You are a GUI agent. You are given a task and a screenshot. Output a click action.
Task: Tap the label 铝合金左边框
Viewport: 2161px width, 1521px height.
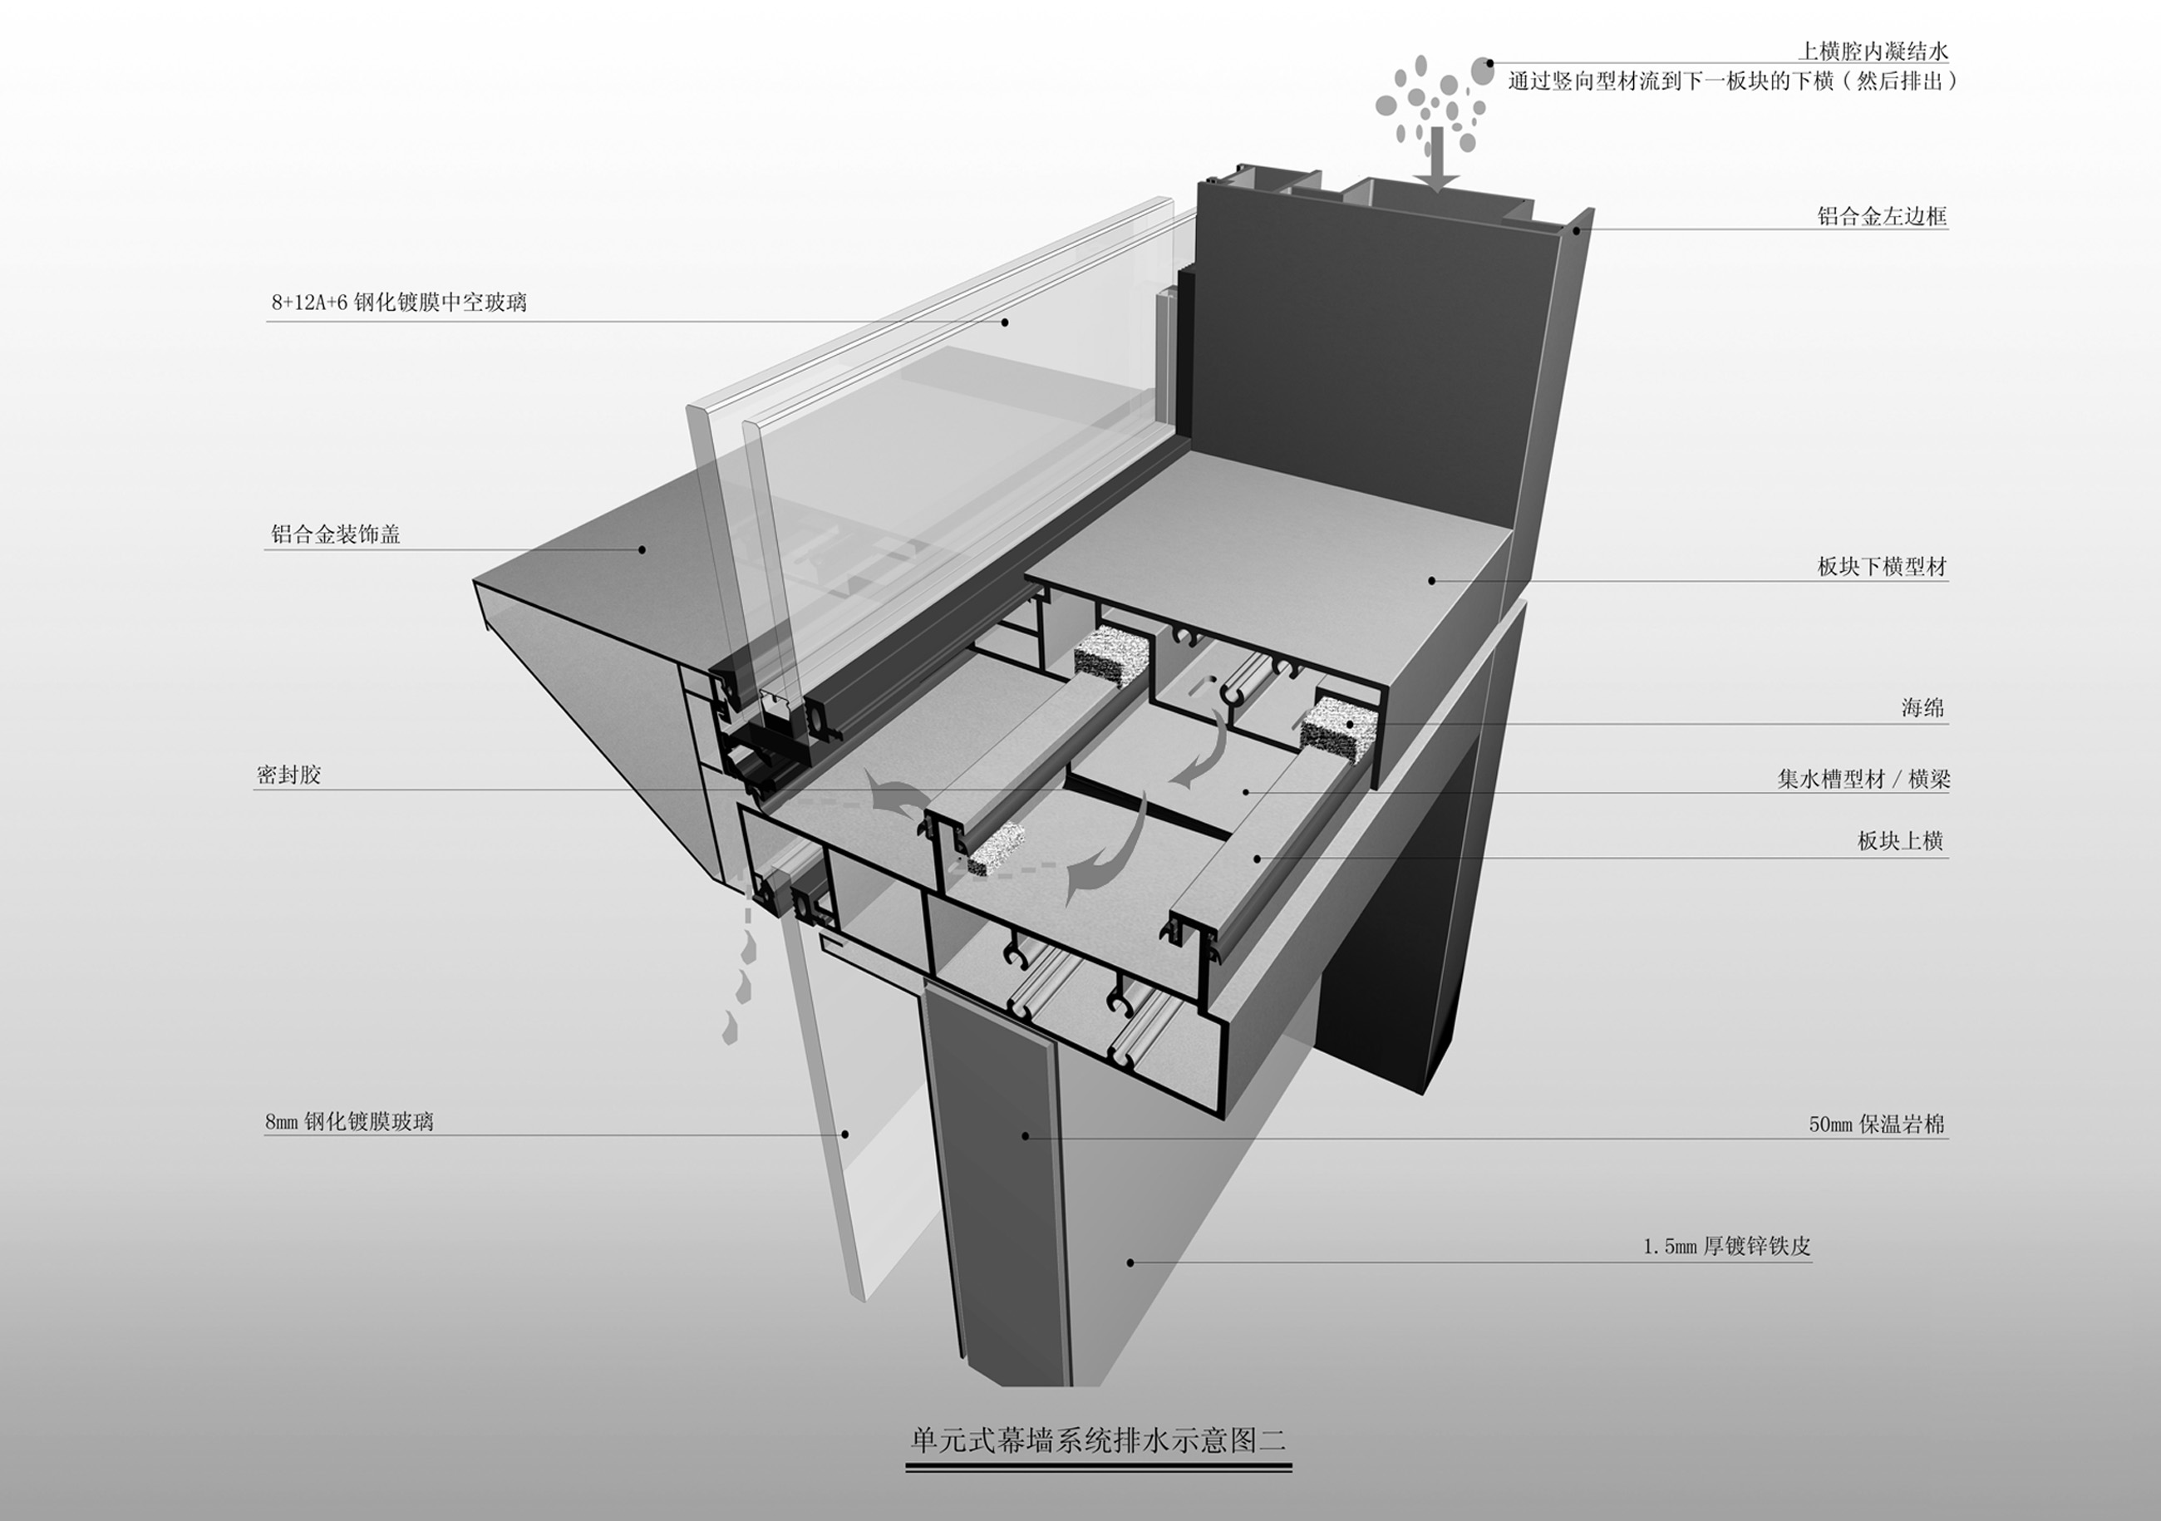tap(1882, 215)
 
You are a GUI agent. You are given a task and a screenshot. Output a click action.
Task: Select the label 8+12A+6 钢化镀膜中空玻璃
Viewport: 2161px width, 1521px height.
tap(399, 303)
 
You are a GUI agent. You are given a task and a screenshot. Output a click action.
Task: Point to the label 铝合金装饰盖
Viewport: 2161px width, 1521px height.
tap(336, 534)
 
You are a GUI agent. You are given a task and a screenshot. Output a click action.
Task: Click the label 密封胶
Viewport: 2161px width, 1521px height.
tap(289, 775)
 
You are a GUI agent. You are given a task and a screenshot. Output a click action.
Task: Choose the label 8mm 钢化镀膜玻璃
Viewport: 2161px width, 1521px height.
tap(349, 1121)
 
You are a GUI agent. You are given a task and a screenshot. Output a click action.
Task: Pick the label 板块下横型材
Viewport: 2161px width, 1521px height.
tap(1882, 567)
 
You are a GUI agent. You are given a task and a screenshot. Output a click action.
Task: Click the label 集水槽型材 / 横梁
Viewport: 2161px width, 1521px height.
tap(1863, 779)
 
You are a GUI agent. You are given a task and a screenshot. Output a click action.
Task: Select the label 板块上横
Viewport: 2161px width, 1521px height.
tap(1900, 840)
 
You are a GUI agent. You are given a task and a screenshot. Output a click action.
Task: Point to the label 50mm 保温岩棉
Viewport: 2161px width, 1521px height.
tap(1877, 1124)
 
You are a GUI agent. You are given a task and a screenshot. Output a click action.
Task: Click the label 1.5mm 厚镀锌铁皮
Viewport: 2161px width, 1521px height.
tap(1727, 1246)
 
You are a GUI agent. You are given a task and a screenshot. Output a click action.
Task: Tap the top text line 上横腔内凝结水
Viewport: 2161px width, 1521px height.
tap(1873, 51)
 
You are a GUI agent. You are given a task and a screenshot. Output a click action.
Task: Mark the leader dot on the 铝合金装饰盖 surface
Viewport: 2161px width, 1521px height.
tap(642, 549)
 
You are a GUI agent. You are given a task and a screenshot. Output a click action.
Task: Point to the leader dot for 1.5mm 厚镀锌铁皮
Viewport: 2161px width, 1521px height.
tap(1130, 1263)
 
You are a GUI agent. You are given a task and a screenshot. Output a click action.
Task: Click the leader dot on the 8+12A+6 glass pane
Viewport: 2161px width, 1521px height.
tap(1005, 322)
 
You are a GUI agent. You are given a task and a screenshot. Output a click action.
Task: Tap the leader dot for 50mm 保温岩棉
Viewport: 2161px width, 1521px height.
tap(1026, 1137)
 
